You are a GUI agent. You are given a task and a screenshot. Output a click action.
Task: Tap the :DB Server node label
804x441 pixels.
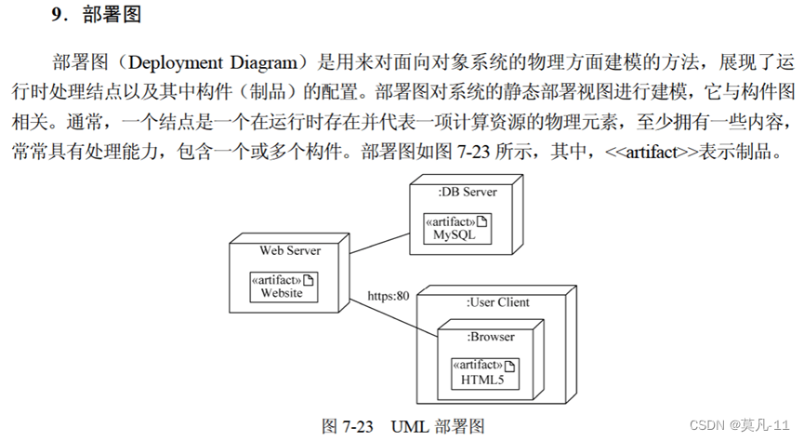(x=467, y=192)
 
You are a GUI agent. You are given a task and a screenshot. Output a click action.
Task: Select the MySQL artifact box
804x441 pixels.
(x=455, y=228)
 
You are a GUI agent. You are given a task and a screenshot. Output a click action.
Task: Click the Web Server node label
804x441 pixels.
(x=290, y=250)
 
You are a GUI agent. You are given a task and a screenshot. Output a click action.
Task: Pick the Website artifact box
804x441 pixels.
(x=282, y=287)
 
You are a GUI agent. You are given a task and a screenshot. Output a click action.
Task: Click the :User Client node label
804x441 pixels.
(x=497, y=302)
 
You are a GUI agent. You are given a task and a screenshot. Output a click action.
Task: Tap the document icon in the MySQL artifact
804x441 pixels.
(x=483, y=221)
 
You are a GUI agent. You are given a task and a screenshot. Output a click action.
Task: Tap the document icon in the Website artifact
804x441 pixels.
(x=310, y=280)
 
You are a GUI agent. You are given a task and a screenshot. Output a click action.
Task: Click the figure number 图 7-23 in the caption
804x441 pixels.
(x=348, y=426)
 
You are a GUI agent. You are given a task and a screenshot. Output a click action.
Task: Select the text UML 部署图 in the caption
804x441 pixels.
(x=438, y=426)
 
